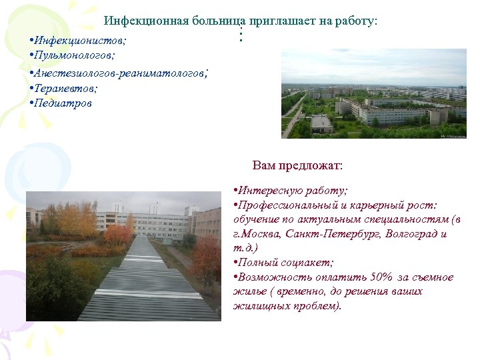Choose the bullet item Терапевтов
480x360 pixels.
[65, 88]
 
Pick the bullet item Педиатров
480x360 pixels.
[63, 103]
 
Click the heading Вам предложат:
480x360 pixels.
[297, 165]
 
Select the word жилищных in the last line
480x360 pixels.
[261, 307]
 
